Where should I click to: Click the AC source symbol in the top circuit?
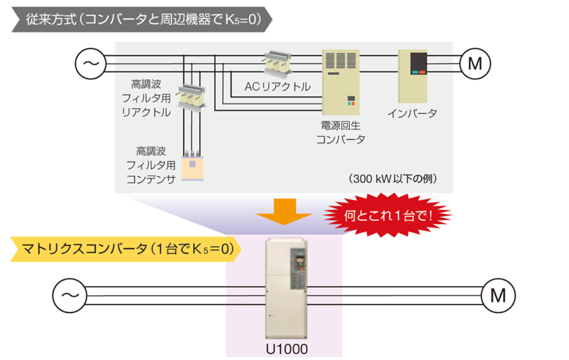[90, 63]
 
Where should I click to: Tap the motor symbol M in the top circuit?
[475, 63]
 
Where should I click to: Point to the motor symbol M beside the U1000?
[498, 295]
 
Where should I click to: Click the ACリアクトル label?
[278, 87]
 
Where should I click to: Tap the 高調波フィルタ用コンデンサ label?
[151, 165]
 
